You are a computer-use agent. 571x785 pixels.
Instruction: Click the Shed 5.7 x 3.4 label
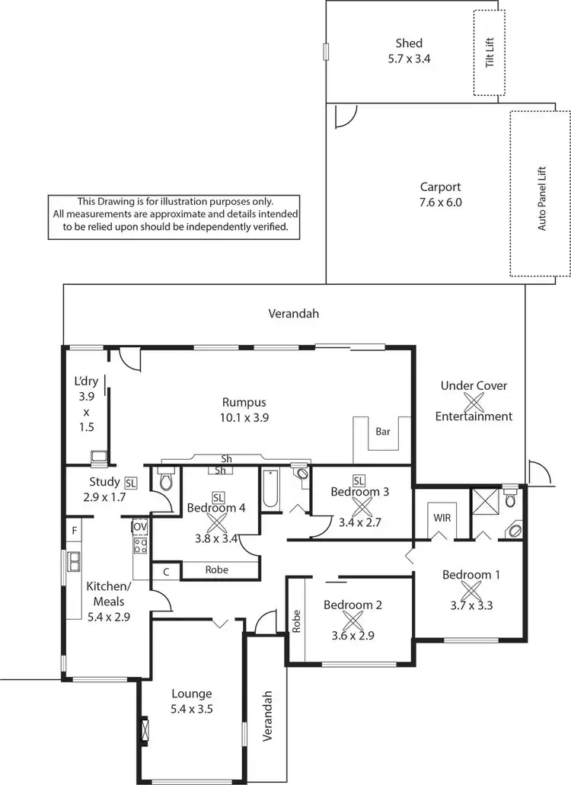tap(409, 50)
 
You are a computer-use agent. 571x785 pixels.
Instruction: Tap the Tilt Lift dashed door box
tap(490, 53)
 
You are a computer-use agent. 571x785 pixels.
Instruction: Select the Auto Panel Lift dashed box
tap(540, 193)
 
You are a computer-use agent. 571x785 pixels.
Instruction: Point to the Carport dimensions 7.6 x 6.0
tap(441, 203)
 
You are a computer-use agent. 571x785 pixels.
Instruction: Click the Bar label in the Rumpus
tap(384, 432)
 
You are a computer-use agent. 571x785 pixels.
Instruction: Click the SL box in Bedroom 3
tap(359, 480)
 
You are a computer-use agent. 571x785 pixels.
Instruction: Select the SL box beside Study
tap(130, 483)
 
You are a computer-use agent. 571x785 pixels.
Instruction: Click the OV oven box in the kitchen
tap(139, 526)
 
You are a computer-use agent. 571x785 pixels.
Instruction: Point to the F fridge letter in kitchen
tap(74, 528)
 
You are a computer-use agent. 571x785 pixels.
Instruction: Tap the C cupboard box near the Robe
tap(165, 570)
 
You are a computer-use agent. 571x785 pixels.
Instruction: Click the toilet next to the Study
tap(167, 480)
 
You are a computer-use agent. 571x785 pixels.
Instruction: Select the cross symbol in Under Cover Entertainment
tap(474, 400)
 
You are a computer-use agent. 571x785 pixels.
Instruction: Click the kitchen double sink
tap(74, 561)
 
